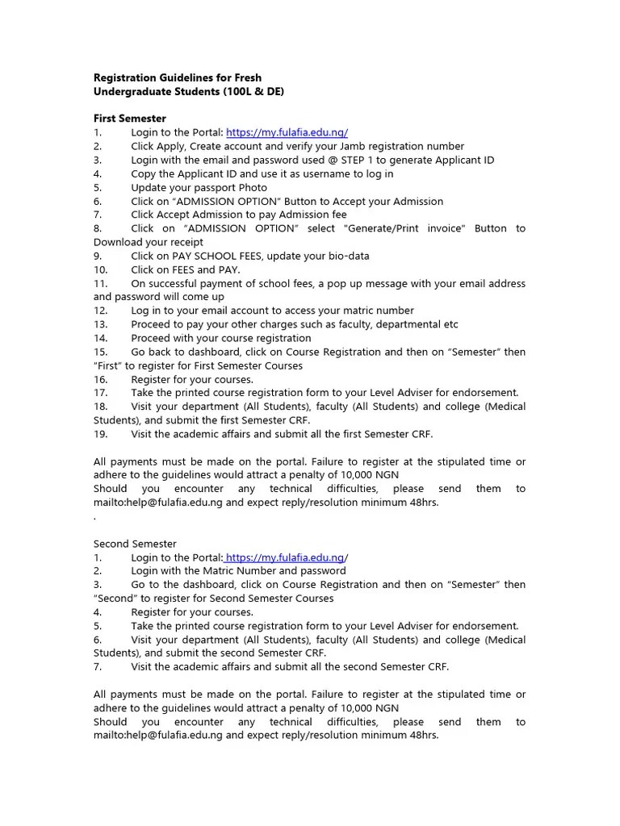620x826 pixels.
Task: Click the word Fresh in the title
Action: coord(247,78)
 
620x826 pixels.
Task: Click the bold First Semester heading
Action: coord(130,119)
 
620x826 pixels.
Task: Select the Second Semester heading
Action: coord(135,544)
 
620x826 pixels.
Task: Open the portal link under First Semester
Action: coord(287,132)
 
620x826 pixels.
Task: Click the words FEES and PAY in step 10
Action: coord(185,269)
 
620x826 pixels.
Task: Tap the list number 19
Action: coord(100,434)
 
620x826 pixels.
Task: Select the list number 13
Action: coord(100,324)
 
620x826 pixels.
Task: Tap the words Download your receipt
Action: coord(149,242)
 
